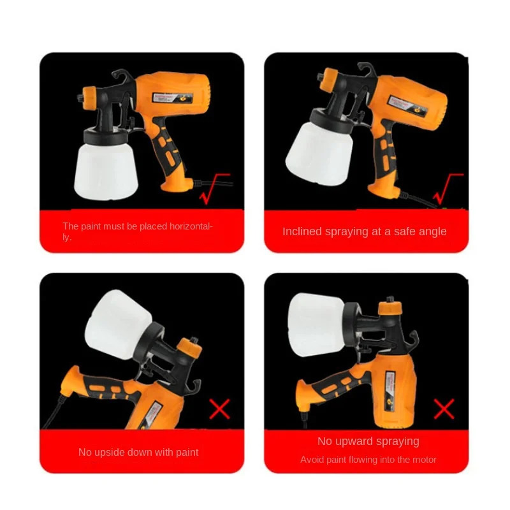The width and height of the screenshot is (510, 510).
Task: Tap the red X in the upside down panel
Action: coord(219,409)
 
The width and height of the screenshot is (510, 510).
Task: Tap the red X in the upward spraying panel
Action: coord(444,409)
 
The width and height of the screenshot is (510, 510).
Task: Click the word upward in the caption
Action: coord(354,441)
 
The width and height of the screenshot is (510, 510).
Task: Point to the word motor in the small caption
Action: coord(423,460)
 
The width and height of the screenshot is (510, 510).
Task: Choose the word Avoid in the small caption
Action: coord(312,460)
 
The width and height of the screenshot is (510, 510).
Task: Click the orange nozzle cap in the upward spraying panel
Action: coord(388,307)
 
